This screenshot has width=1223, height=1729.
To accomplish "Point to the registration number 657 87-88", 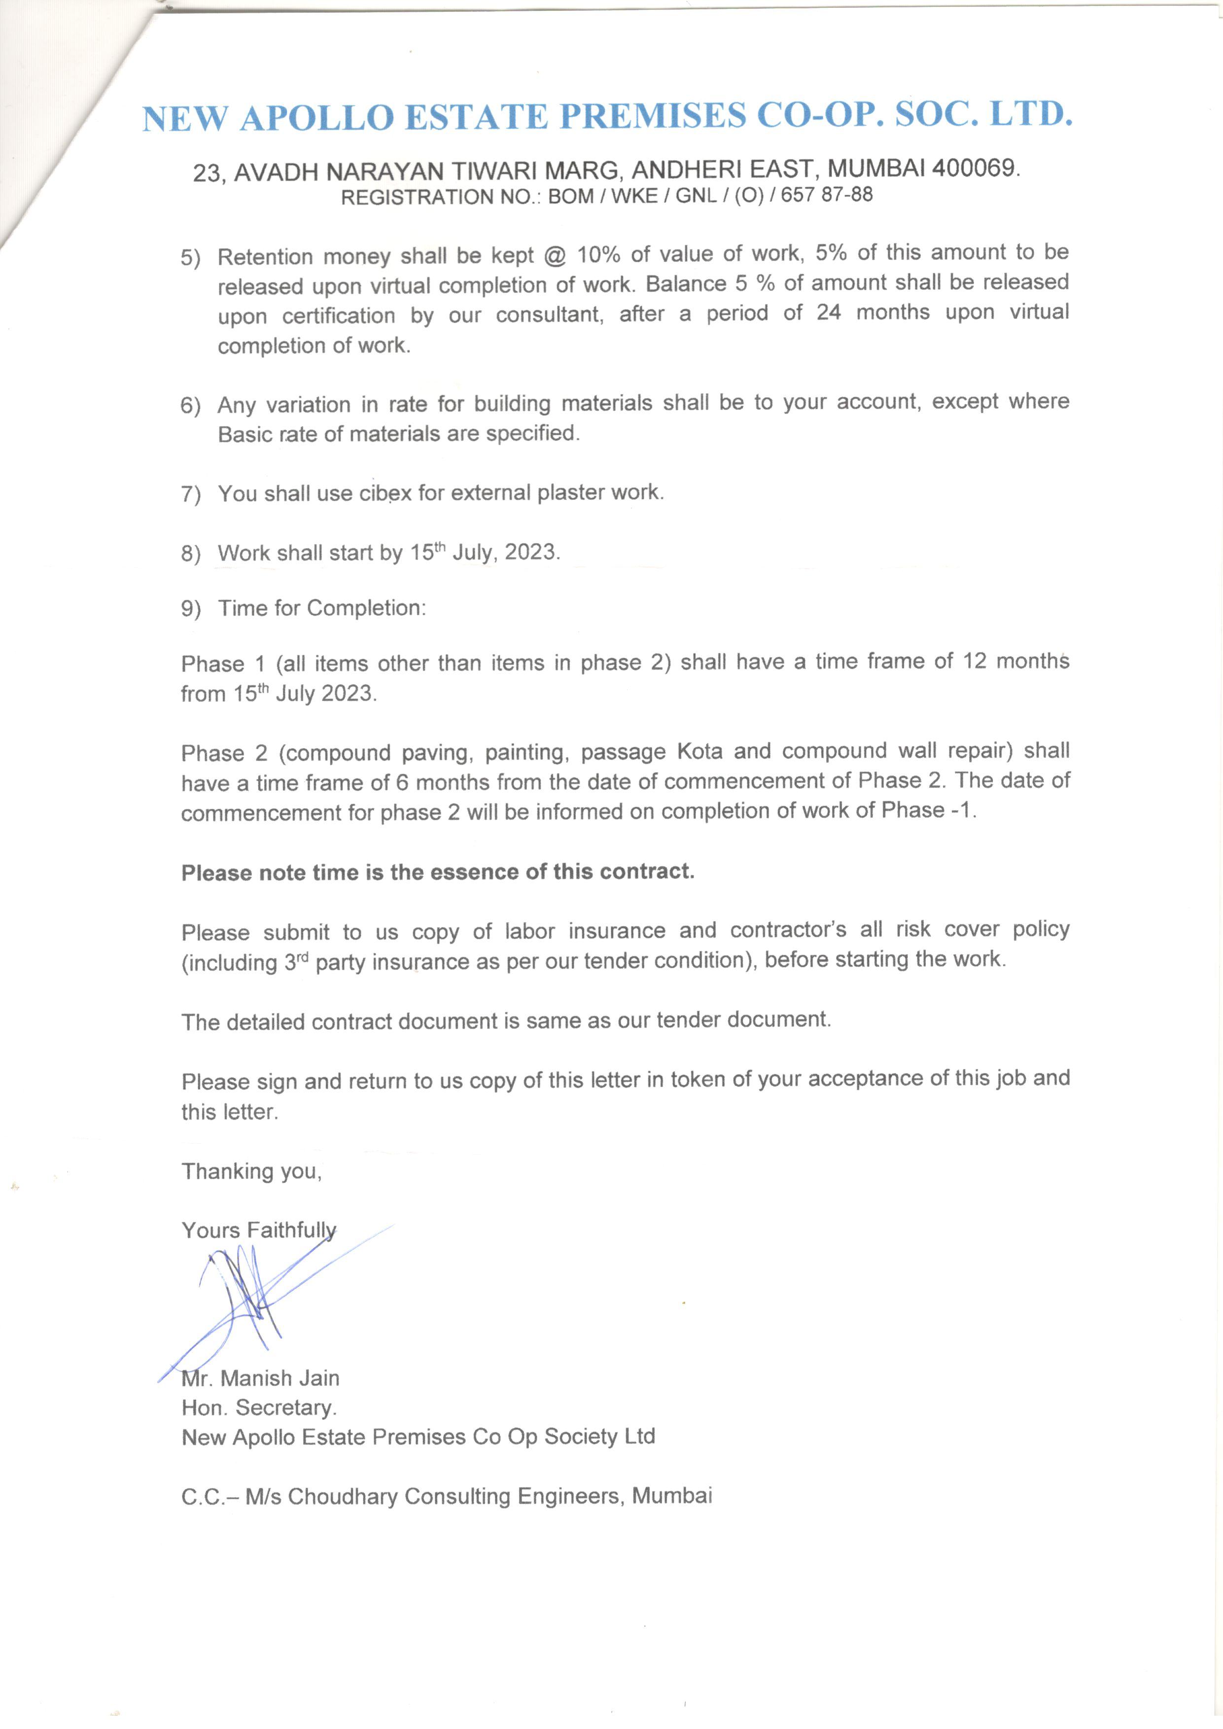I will (827, 195).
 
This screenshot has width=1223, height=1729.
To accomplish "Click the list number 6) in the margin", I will (191, 406).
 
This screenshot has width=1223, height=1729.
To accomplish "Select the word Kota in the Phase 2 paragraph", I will (699, 751).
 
